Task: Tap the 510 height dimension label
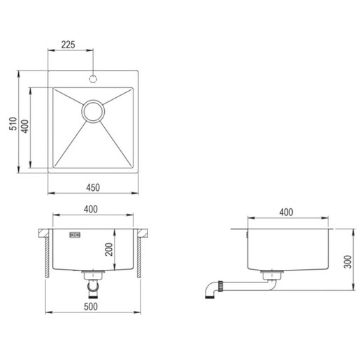13,125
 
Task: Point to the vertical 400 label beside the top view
25,127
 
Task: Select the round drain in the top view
93,110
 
